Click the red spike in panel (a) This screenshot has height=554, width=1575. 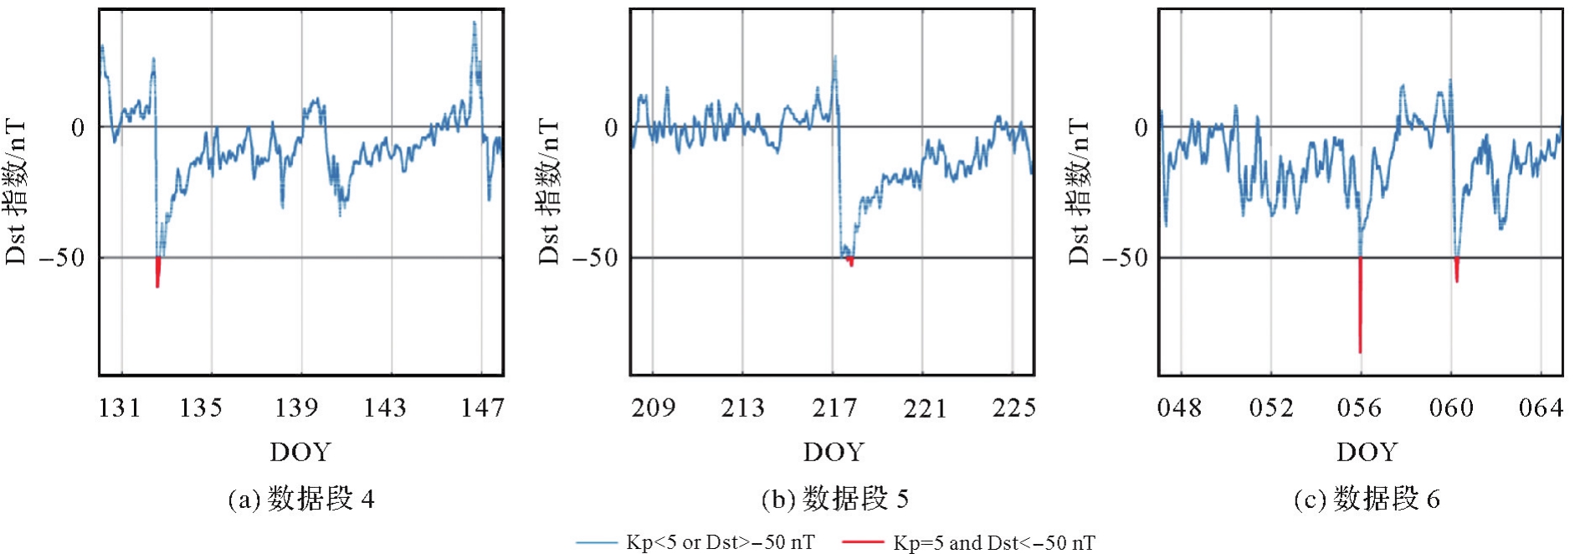(157, 272)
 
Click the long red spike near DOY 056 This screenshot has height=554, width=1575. (1360, 305)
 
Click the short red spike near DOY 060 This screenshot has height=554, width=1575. (1457, 269)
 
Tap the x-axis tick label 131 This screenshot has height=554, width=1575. (120, 408)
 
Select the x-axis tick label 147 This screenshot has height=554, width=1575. (482, 408)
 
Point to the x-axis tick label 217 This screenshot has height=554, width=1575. (834, 408)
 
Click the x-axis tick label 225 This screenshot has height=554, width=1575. (1013, 408)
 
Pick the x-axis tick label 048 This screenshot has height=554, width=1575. (1179, 408)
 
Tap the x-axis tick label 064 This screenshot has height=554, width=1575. (1541, 408)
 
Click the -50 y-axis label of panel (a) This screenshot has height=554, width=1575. (63, 258)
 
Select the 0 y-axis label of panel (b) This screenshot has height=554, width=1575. (611, 128)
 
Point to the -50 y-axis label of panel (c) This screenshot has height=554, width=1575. (1125, 258)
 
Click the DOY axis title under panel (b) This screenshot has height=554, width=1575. (834, 452)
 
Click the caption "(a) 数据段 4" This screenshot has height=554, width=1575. (301, 500)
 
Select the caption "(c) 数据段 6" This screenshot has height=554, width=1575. (1367, 500)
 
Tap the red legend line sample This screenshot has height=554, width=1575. (862, 542)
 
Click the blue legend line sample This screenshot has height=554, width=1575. (596, 542)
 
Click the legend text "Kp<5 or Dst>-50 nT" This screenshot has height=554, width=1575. (720, 542)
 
